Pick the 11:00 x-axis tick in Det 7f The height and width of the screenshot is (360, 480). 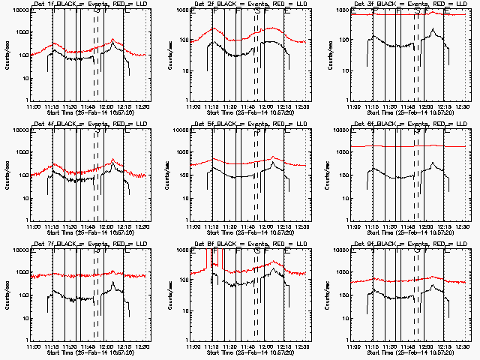34,347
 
